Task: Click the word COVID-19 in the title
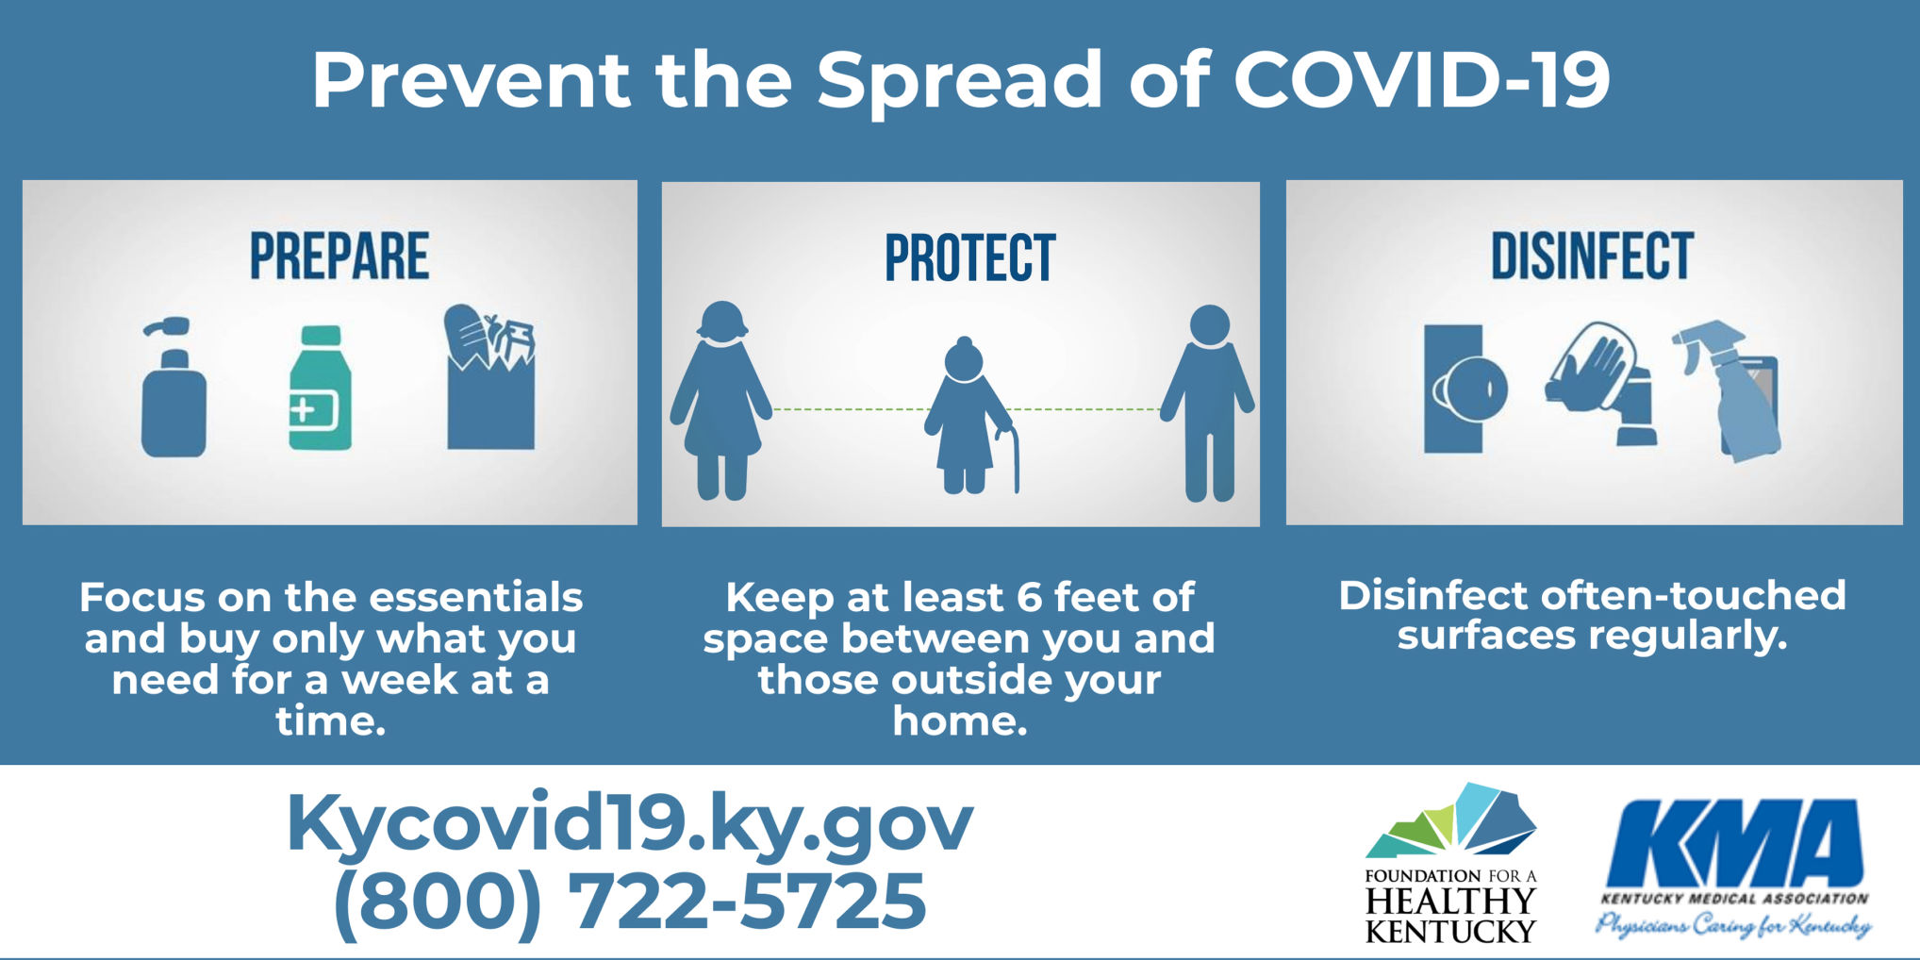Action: [x=1421, y=79]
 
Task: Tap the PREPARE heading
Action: [x=339, y=256]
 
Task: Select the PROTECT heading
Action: [x=969, y=257]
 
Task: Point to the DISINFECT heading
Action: [x=1592, y=256]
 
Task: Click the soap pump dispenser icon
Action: [x=174, y=388]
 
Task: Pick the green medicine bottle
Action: [x=320, y=388]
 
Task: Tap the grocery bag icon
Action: [x=490, y=377]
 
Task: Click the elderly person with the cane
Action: [x=967, y=416]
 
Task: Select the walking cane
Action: [x=1009, y=460]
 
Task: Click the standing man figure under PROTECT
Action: [x=1208, y=403]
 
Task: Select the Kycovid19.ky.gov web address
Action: [x=629, y=823]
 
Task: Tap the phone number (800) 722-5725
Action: [x=629, y=901]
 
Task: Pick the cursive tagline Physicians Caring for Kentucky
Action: [x=1733, y=925]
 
